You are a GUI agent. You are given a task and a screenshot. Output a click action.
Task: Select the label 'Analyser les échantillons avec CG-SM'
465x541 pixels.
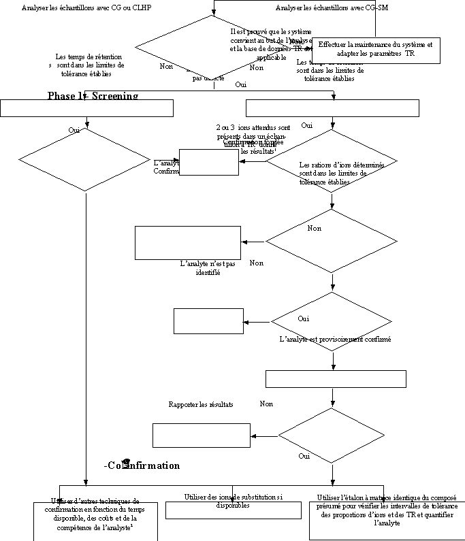point(332,8)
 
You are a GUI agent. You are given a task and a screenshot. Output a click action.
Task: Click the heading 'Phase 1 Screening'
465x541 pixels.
point(93,97)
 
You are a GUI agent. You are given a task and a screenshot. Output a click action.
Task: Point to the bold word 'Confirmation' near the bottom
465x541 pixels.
point(144,465)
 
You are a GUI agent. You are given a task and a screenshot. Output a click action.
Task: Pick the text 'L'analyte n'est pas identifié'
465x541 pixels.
point(208,268)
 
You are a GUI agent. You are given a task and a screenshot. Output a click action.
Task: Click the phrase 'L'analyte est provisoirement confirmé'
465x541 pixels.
point(335,339)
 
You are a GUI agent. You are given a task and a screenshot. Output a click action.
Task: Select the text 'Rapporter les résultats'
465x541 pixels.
point(201,404)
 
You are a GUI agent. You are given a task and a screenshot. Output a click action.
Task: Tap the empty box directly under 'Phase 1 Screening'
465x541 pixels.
point(87,108)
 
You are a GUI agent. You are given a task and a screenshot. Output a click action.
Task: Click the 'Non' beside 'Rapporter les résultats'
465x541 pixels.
point(266,404)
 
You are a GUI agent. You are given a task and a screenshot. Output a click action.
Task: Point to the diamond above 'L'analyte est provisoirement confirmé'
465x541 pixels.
point(332,321)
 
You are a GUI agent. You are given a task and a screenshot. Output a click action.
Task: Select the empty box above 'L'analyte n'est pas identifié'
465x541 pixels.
point(188,242)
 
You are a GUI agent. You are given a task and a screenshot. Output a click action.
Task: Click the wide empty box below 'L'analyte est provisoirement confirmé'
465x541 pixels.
point(335,379)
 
